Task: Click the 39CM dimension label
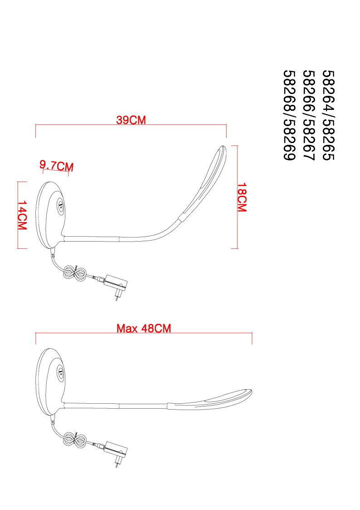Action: click(x=131, y=120)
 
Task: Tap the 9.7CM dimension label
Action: click(x=57, y=166)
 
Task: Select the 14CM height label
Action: click(x=22, y=215)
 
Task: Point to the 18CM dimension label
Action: click(x=242, y=198)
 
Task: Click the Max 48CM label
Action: click(x=144, y=328)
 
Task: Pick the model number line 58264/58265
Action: click(x=328, y=115)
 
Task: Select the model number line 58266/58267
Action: click(x=309, y=115)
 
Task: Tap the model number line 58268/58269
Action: click(x=290, y=115)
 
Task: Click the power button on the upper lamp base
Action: click(x=61, y=206)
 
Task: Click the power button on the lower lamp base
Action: click(x=61, y=372)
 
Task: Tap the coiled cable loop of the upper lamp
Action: click(x=74, y=273)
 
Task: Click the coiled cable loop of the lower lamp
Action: click(x=74, y=440)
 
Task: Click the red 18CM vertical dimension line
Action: click(x=238, y=197)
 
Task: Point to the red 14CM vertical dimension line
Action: click(x=18, y=215)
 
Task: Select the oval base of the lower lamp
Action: click(x=51, y=382)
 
